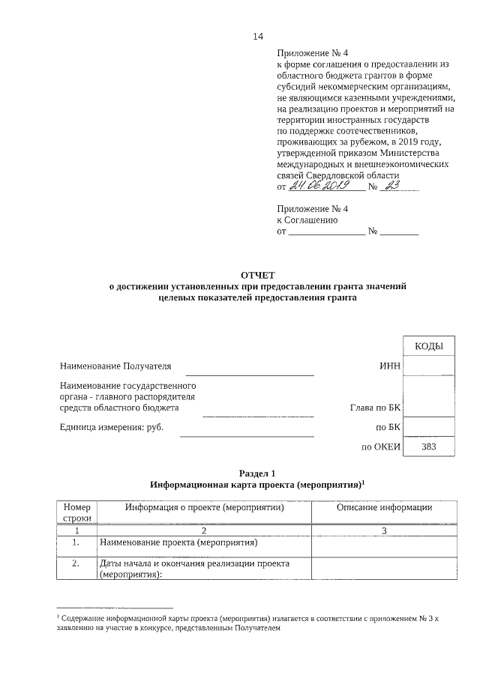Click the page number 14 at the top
tap(259, 35)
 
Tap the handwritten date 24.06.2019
tap(321, 186)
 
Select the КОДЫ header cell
tap(429, 345)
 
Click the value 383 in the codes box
tap(429, 447)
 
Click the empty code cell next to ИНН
tap(429, 366)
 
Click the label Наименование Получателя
tap(115, 366)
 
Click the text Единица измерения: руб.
tap(111, 428)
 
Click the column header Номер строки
tap(76, 512)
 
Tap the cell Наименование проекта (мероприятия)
tap(178, 542)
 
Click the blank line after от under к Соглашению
tap(326, 234)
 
